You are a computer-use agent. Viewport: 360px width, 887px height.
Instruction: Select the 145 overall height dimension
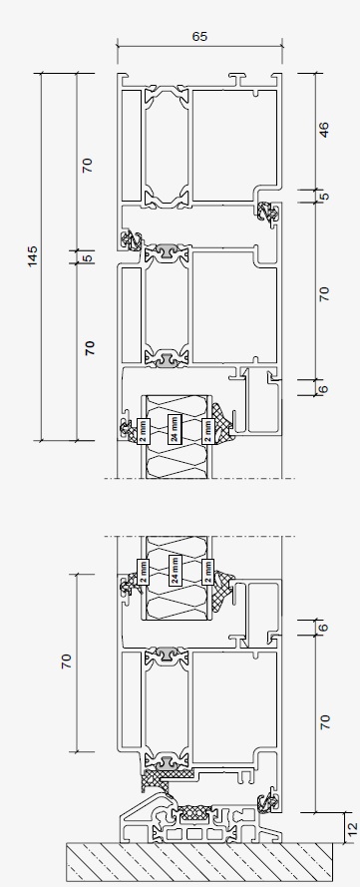34,255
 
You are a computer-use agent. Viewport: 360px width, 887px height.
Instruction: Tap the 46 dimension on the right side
324,131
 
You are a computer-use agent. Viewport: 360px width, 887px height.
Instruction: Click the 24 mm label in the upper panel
174,430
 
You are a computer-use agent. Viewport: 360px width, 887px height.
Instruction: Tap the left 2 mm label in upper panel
141,430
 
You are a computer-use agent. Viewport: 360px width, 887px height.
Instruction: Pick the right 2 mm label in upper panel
207,430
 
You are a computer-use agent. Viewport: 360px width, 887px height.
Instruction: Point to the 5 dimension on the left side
87,257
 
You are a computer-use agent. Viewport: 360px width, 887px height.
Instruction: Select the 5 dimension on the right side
324,196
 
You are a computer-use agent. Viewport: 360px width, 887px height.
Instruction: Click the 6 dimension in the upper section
324,388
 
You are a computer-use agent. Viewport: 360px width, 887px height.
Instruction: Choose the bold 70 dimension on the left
89,348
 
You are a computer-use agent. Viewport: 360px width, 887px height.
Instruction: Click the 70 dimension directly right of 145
87,165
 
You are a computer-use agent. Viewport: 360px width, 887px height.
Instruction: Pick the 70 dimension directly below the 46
324,293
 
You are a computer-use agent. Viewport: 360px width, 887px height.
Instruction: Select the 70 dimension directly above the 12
324,723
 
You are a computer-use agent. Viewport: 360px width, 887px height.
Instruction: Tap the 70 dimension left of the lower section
67,661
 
